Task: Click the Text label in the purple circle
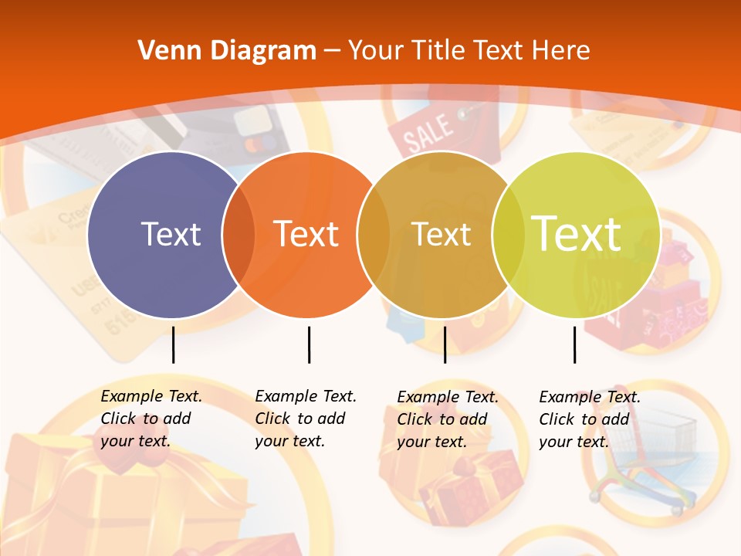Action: [x=171, y=234]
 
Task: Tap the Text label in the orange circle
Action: [x=306, y=234]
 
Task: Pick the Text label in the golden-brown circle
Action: [x=441, y=234]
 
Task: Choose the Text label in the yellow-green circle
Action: [x=577, y=234]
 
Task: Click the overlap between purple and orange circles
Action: [x=239, y=234]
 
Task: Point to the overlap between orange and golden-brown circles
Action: [x=374, y=234]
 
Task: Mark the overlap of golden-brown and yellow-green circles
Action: [x=508, y=234]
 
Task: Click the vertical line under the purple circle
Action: [x=174, y=344]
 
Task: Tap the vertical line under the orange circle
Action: [x=309, y=344]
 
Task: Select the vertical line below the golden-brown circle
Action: [x=445, y=344]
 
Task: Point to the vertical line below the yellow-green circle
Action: [x=574, y=344]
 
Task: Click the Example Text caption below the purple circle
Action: [x=151, y=419]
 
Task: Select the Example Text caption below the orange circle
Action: [x=306, y=419]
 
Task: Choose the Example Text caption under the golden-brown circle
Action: [x=448, y=419]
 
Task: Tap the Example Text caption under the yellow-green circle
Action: [x=590, y=419]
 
